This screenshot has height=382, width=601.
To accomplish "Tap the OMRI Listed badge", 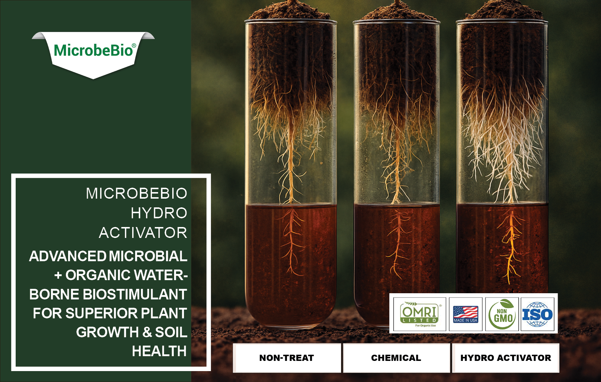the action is click(420, 314).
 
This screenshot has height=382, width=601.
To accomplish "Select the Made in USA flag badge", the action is click(466, 314).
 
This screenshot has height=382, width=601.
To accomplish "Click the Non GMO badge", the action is click(502, 314).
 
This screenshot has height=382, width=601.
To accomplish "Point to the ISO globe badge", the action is click(537, 314).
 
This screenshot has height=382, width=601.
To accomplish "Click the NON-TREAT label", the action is click(287, 358).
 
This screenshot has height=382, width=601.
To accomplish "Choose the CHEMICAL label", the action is click(396, 358).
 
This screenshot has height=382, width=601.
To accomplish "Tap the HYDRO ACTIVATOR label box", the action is click(506, 358).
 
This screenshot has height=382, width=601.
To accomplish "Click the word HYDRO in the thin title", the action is click(159, 213).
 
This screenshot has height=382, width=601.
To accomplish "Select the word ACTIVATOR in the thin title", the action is click(143, 233).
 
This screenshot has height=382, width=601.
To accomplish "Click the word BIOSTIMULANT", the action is click(135, 294).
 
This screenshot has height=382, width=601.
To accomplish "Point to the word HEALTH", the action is click(160, 351).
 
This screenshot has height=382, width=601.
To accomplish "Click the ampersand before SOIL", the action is click(147, 333).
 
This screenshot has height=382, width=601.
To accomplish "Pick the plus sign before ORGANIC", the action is click(58, 275).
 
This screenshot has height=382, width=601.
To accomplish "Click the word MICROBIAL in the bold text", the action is click(148, 256).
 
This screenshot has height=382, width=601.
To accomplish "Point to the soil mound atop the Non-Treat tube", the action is click(290, 11).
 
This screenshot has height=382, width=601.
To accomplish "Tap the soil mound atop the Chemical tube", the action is click(397, 11).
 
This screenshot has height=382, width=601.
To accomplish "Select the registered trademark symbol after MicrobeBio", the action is click(134, 45).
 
